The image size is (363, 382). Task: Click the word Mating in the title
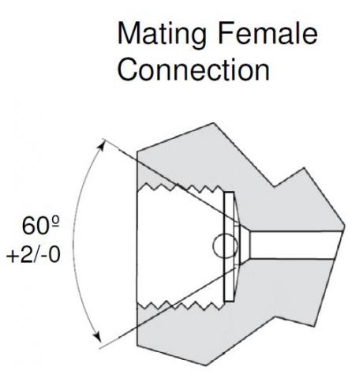tap(161, 35)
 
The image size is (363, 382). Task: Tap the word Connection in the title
tap(193, 69)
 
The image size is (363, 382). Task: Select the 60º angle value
tap(41, 226)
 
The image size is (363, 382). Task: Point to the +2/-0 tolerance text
tap(33, 255)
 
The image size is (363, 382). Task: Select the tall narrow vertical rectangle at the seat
tap(229, 246)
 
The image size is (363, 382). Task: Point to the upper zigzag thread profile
tap(181, 187)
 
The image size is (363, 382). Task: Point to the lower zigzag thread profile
tap(181, 306)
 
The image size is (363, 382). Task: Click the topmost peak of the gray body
tap(214, 123)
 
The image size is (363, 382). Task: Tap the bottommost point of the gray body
tap(205, 365)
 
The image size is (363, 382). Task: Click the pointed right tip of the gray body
tap(345, 226)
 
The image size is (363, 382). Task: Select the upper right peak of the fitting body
tap(305, 167)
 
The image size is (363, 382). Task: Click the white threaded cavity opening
tap(179, 246)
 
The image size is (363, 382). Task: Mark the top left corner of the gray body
tap(137, 152)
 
